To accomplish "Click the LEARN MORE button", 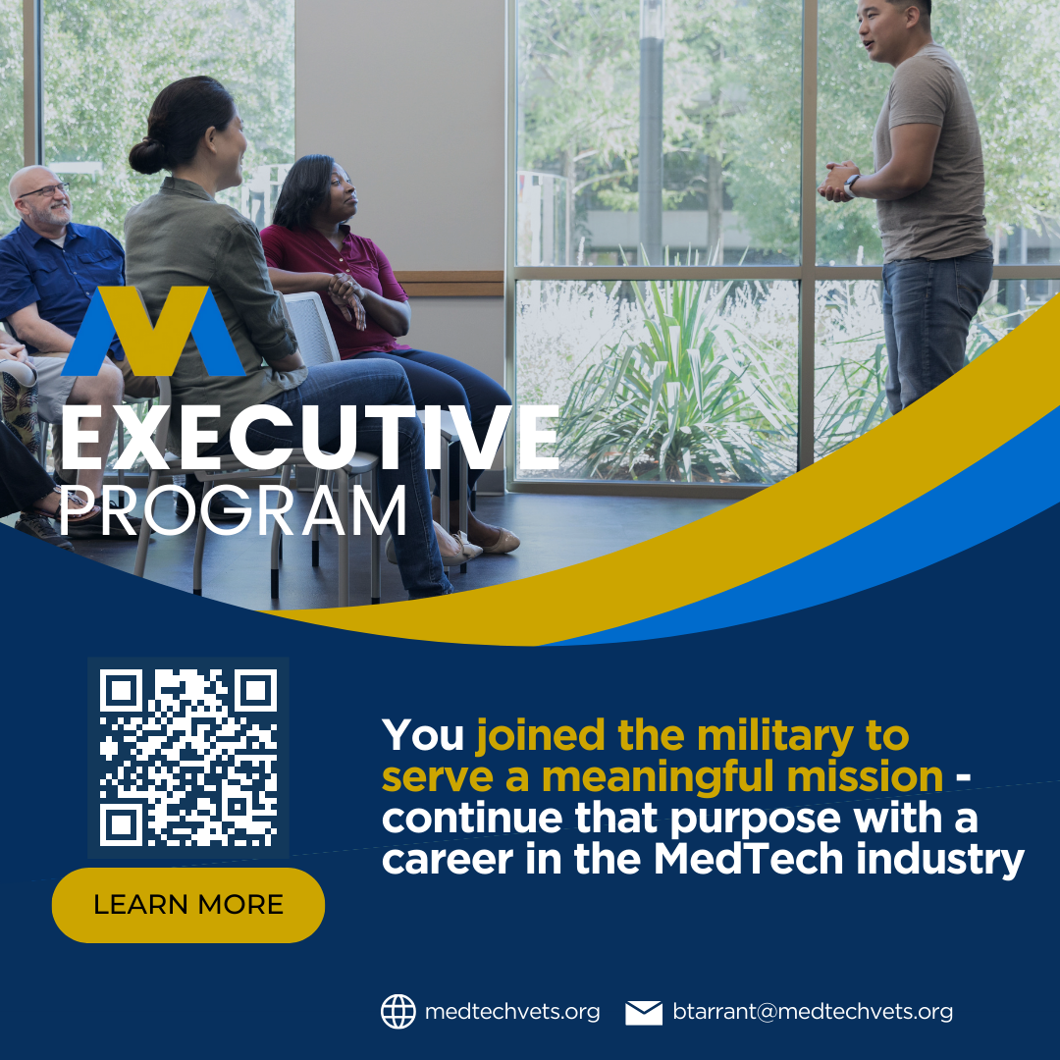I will (x=187, y=905).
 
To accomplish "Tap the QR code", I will (x=188, y=757).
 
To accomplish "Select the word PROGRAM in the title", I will (x=234, y=511).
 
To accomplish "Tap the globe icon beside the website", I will (x=397, y=1012).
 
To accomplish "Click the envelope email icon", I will (x=644, y=1012).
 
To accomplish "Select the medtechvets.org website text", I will (x=512, y=1012).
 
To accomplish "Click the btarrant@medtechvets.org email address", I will (x=813, y=1012).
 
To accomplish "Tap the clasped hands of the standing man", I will (x=835, y=182).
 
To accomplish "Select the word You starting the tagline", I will (x=422, y=735).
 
